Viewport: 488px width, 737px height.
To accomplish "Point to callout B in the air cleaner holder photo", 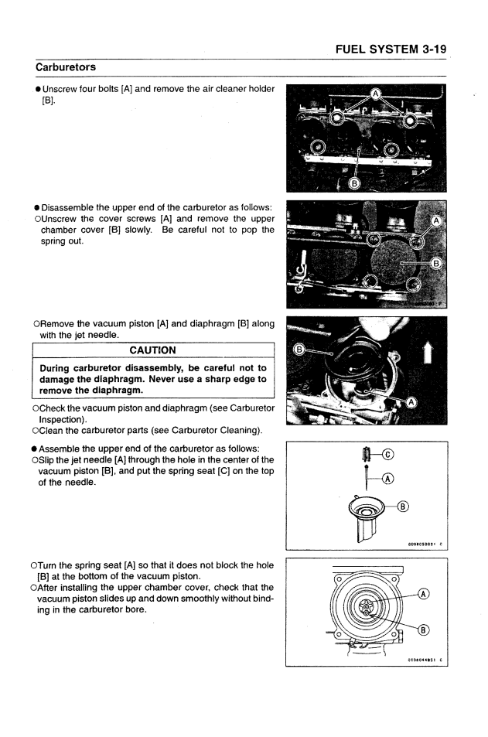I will click(x=355, y=183).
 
